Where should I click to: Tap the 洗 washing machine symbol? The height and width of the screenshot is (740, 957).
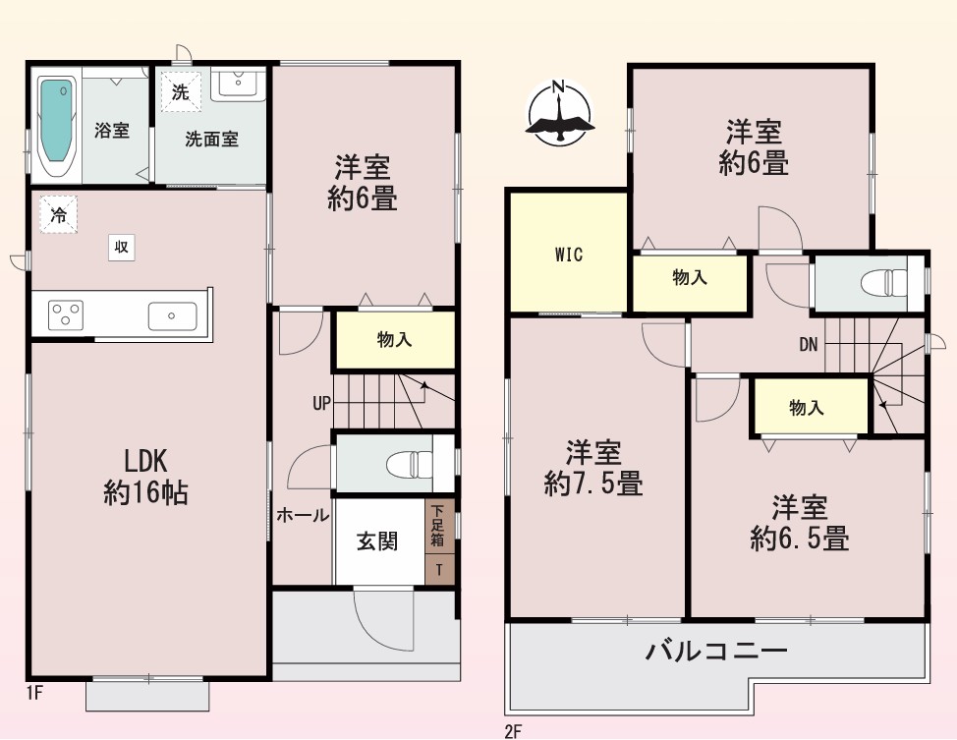181,92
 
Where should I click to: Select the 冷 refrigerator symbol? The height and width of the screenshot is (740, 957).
59,213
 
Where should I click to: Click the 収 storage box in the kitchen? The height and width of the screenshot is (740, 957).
122,248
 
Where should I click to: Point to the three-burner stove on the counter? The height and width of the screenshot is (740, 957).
66,315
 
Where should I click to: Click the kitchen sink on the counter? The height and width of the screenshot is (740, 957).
173,316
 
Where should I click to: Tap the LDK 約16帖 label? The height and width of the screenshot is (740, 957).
145,478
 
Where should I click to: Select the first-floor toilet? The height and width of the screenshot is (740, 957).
409,464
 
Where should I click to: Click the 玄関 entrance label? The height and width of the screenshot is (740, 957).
377,541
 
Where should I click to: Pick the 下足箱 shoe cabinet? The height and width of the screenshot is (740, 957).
438,526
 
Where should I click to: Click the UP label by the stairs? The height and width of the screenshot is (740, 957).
321,404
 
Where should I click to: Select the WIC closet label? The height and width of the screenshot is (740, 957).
569,255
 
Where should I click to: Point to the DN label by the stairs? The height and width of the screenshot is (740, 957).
808,345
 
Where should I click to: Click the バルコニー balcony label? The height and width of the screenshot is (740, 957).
717,652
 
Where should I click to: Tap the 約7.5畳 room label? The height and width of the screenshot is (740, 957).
593,484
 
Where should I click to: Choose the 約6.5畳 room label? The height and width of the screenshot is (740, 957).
800,539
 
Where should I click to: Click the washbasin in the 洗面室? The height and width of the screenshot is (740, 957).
238,84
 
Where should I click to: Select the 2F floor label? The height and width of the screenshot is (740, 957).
513,731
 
